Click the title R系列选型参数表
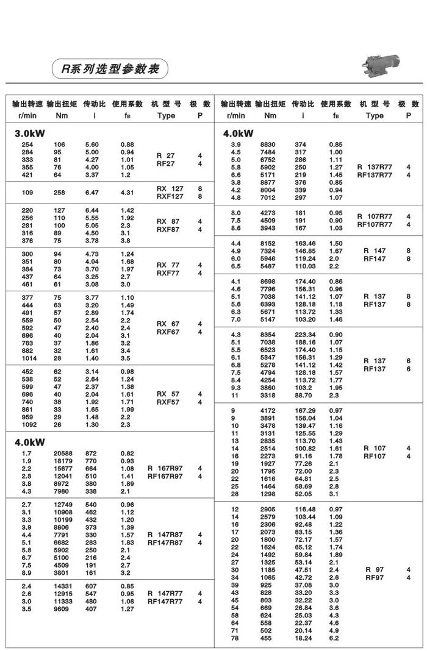pos(110,68)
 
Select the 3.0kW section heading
pos(29,133)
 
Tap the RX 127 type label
pos(169,189)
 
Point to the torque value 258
pos(60,193)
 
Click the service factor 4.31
pos(127,193)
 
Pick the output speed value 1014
pos(28,358)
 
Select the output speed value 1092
pos(28,424)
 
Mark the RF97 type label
pos(375,578)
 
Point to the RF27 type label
pos(165,163)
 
